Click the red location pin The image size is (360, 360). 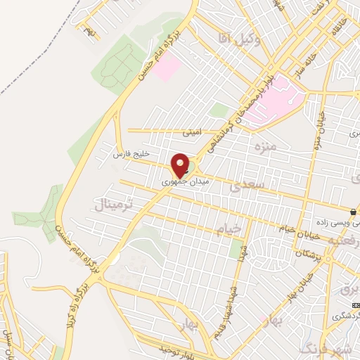click(x=181, y=166)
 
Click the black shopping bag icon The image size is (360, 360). click(x=353, y=211)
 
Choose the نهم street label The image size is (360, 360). click(x=89, y=30)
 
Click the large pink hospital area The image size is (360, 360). click(x=278, y=98)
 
